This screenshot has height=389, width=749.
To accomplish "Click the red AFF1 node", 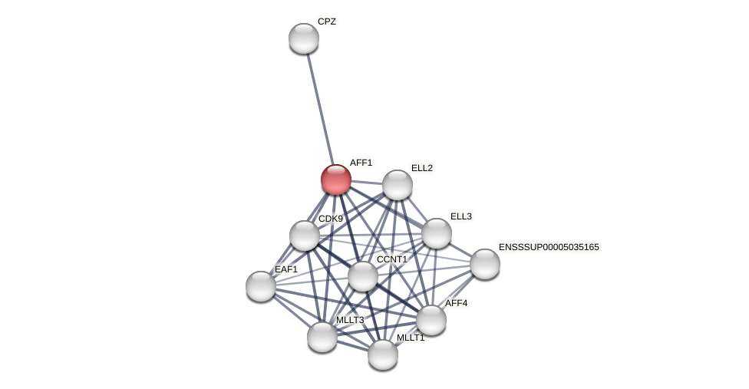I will point(336,180).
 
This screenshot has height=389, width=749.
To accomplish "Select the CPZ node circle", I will point(304,38).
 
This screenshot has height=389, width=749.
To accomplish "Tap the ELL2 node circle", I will point(398,185).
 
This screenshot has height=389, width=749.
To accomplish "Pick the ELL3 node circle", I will point(437,233).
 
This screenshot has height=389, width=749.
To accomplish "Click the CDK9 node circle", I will point(305,236).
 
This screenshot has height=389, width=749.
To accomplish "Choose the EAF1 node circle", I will point(261,286).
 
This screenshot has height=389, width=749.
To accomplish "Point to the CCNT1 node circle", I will point(363,276).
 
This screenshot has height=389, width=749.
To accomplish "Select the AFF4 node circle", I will point(431,320).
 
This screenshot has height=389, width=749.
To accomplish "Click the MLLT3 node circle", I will point(322,337).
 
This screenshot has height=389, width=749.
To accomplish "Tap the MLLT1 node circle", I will point(383,354).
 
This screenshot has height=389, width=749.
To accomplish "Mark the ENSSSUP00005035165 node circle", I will point(485,264).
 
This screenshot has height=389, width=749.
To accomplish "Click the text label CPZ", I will point(327,21).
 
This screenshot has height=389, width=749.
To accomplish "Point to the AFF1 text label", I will point(361,163).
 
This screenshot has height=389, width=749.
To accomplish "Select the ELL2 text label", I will point(421,168).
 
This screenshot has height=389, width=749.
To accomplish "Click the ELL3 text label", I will point(460,216).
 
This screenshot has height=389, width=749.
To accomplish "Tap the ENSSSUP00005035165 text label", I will point(549,247).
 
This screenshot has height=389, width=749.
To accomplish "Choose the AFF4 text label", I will point(456,303).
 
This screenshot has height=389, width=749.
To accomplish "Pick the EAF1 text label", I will point(285,269).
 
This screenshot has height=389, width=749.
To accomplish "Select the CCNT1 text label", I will point(391,259).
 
